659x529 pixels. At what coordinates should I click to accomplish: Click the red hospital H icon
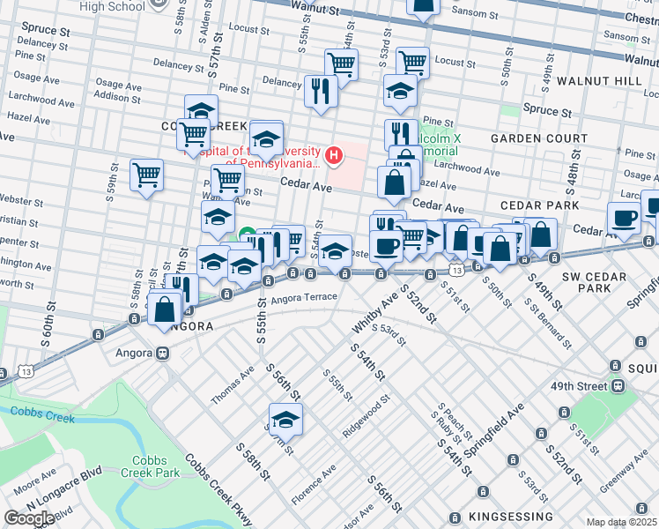click(x=334, y=157)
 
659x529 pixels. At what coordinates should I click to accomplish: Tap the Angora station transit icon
click(x=162, y=354)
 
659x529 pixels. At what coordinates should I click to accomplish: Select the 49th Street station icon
click(x=619, y=385)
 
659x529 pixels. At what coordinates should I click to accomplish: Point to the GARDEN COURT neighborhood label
click(x=538, y=139)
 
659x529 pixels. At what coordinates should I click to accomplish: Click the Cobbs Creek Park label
click(x=156, y=466)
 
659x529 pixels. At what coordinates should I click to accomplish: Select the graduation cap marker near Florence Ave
click(x=285, y=418)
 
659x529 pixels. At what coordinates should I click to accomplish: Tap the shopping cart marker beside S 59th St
click(x=147, y=175)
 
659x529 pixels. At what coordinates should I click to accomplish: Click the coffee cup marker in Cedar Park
click(x=625, y=218)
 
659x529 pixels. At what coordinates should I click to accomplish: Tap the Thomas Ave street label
click(x=232, y=385)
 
